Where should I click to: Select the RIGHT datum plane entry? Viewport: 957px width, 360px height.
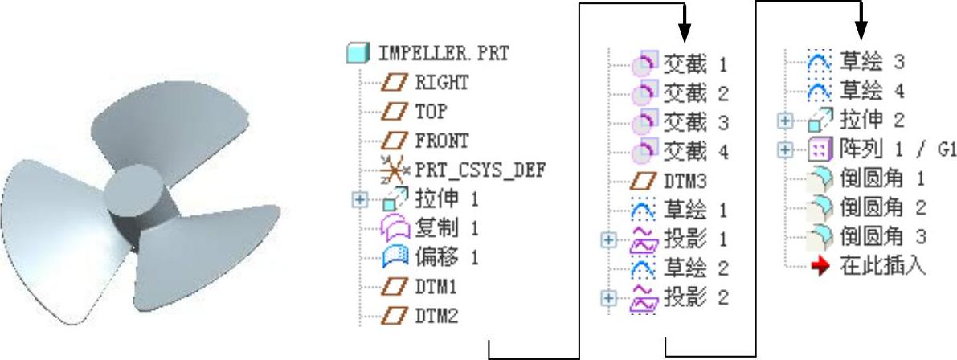(441, 82)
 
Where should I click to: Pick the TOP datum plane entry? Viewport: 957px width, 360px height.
(431, 111)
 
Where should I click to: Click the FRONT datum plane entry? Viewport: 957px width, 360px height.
(441, 140)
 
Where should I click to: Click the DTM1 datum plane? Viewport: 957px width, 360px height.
(436, 286)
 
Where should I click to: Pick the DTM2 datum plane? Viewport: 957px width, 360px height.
(436, 315)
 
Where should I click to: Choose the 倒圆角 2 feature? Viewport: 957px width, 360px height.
(881, 207)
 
